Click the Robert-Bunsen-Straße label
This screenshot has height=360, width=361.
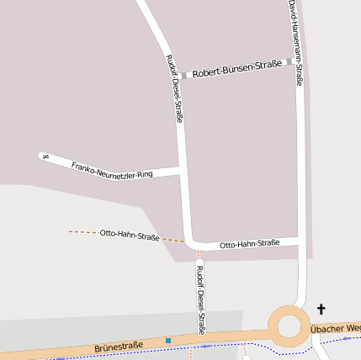point(235,71)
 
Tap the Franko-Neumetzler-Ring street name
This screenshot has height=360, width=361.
point(112,169)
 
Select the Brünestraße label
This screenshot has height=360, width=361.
point(119,345)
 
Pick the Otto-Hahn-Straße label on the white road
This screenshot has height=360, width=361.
point(249,243)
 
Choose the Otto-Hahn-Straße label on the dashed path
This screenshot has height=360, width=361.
point(130,235)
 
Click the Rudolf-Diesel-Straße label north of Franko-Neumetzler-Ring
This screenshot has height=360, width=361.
point(174,88)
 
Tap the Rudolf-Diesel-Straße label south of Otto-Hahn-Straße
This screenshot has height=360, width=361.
point(200,299)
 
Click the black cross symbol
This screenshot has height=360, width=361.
point(321,310)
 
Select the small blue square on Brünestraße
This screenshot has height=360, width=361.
point(168,340)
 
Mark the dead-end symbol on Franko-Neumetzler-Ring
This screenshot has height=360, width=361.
point(45,156)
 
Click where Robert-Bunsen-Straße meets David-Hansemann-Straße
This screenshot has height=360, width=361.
point(299,61)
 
